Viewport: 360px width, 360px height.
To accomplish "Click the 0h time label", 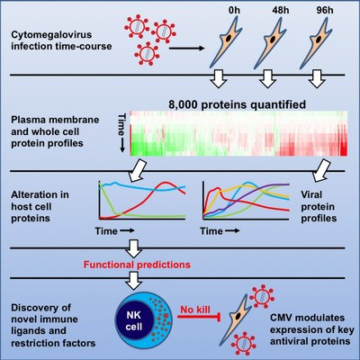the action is pyautogui.click(x=234, y=10).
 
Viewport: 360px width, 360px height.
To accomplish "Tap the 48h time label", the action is pyautogui.click(x=281, y=10).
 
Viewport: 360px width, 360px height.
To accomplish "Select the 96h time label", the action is pyautogui.click(x=325, y=10).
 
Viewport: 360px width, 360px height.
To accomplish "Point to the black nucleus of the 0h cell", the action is pyautogui.click(x=229, y=39).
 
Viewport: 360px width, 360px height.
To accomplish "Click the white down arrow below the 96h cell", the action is pyautogui.click(x=317, y=79).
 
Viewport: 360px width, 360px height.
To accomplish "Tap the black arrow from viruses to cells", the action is pyautogui.click(x=186, y=48).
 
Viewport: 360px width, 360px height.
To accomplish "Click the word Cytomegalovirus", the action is pyautogui.click(x=51, y=35).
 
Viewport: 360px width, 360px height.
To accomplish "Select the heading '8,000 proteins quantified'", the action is pyautogui.click(x=237, y=104).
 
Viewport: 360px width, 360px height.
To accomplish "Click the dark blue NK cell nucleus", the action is pyautogui.click(x=134, y=321).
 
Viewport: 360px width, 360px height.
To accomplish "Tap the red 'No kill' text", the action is pyautogui.click(x=195, y=310).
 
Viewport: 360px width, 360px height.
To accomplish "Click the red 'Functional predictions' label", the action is pyautogui.click(x=137, y=265).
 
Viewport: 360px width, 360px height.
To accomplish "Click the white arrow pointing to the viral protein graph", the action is pyautogui.click(x=321, y=170).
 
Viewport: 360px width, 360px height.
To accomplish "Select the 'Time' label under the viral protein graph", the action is pyautogui.click(x=211, y=231).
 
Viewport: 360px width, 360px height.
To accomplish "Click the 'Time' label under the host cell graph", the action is pyautogui.click(x=106, y=231).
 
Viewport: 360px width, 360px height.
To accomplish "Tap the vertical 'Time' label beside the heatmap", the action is pyautogui.click(x=121, y=124).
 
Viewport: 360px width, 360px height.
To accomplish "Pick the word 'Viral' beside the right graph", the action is pyautogui.click(x=311, y=195).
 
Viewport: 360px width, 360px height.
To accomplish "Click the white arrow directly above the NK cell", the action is pyautogui.click(x=134, y=280).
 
